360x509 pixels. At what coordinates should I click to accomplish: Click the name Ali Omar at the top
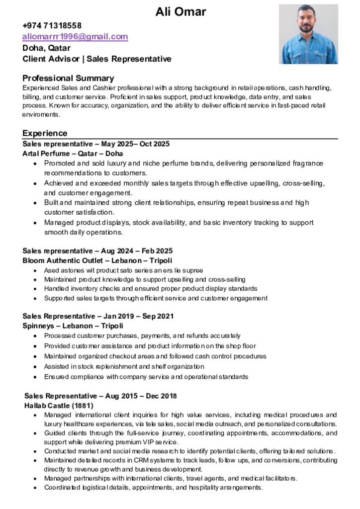(180, 11)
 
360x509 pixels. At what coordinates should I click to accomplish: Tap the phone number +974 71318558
(52, 25)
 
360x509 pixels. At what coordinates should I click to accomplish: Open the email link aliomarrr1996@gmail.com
(75, 37)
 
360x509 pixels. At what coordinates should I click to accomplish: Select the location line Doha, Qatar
(46, 48)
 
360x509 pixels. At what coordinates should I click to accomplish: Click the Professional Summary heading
(68, 78)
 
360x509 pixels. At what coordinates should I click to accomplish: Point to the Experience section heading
(45, 133)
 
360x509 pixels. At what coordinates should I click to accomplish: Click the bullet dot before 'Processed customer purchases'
(34, 336)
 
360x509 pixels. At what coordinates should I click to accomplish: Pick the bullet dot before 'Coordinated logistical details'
(34, 488)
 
